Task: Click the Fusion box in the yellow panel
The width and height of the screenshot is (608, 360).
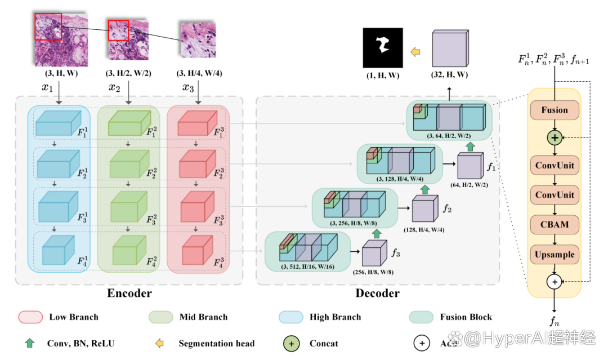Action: click(x=555, y=110)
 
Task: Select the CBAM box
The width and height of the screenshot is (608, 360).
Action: click(x=555, y=224)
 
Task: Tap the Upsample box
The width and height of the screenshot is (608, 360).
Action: click(x=555, y=254)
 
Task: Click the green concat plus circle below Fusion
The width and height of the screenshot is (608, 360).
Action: click(x=555, y=137)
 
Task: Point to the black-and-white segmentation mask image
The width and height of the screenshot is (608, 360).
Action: click(x=383, y=48)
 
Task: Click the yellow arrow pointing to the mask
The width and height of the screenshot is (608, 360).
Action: click(x=415, y=52)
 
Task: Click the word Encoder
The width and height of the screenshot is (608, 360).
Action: click(x=129, y=294)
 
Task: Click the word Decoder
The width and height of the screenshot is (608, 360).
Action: click(x=377, y=294)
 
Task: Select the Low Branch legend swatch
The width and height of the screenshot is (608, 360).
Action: click(x=30, y=317)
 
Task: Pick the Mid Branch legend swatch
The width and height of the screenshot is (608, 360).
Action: click(x=161, y=317)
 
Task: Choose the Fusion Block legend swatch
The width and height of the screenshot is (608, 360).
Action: click(x=421, y=317)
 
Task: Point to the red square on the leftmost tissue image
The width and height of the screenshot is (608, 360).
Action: click(x=48, y=27)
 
